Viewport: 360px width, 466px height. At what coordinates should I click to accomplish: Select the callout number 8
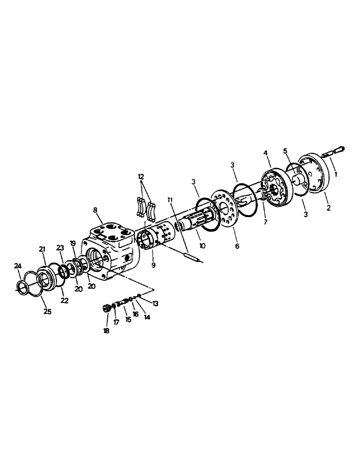tap(96, 210)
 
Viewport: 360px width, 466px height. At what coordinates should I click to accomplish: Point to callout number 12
tap(141, 177)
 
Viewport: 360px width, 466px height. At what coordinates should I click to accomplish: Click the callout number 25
tap(48, 311)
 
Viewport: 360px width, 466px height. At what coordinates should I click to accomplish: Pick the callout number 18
tap(106, 331)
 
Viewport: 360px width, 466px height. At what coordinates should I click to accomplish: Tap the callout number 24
tap(18, 266)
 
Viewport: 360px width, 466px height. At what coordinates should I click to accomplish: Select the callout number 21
tap(42, 250)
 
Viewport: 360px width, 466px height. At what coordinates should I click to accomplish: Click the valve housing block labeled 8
tap(112, 247)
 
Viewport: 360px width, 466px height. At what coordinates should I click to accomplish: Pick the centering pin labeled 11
tap(192, 257)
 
